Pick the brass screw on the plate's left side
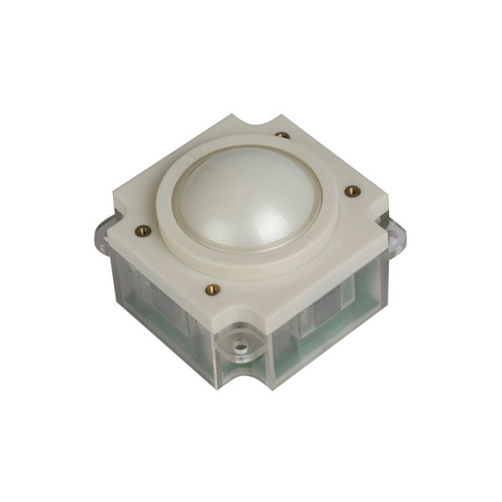144,230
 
